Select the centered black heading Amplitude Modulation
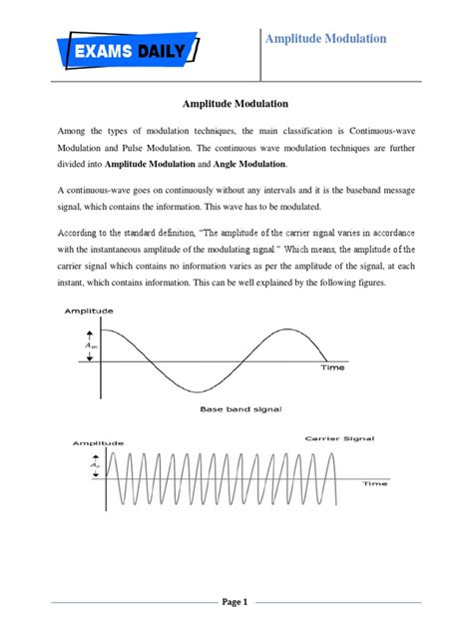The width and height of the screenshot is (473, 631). coord(236,102)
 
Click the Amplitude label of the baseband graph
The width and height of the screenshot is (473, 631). coord(89,312)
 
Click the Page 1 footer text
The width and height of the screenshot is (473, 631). coord(236,602)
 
